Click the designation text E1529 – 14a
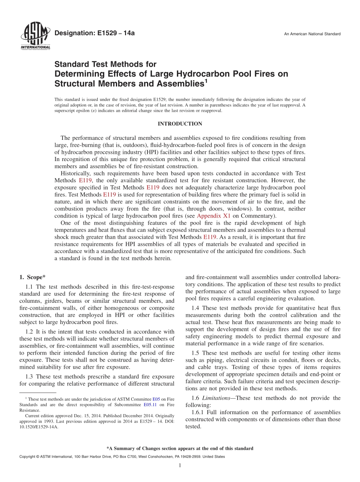tap(95, 33)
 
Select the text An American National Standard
tap(312, 34)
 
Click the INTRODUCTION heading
tap(180, 124)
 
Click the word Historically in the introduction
tap(74, 174)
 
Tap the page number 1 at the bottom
tap(180, 465)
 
